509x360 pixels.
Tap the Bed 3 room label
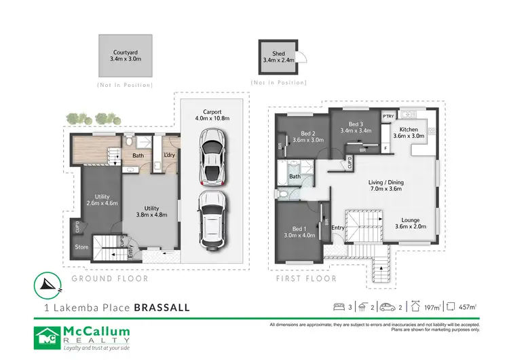[356, 128]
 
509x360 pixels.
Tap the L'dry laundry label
[170, 156]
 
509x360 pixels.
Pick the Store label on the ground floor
[81, 247]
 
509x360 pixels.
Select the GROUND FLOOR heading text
[110, 278]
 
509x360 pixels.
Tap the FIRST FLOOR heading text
[306, 278]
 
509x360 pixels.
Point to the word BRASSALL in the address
[162, 307]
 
